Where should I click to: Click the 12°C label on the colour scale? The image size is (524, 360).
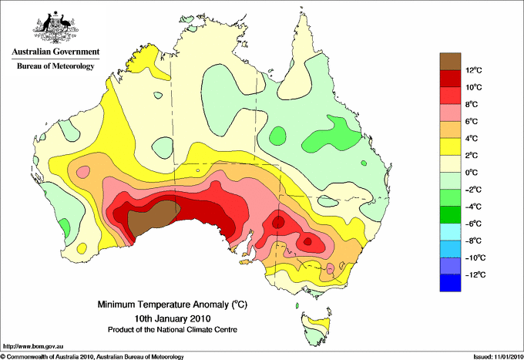474,70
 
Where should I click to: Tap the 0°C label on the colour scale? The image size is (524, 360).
472,173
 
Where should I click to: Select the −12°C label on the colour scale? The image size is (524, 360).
473,274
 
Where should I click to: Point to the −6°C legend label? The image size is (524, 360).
473,224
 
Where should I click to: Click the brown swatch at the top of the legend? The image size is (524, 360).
450,61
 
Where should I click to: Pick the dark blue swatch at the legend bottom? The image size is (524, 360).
450,283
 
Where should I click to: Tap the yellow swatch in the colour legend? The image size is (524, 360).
450,146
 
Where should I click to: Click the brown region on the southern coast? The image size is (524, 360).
152,217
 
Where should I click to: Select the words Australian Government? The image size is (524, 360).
55,52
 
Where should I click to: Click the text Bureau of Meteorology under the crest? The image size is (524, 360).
55,66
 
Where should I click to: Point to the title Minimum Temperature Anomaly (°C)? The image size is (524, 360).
173,304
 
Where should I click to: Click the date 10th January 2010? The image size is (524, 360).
173,318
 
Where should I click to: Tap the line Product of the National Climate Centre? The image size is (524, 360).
173,330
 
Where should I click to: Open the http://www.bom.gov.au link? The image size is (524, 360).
33,347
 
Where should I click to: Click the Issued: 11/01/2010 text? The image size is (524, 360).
498,357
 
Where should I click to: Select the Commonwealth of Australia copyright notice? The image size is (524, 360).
92,357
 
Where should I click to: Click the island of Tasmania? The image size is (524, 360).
316,329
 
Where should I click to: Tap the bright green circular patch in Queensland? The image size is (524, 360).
277,136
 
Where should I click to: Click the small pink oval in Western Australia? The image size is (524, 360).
83,172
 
